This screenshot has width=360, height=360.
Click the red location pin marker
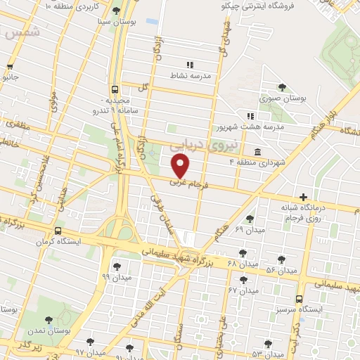pos(181,166)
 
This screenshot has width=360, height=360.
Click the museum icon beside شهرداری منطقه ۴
pos(257,152)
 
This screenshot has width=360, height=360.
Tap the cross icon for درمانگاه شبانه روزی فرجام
pos(303,197)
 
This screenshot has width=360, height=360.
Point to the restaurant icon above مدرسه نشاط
pos(189,65)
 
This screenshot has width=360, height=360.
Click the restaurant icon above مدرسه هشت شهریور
pos(250,116)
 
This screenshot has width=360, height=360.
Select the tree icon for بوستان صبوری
pos(282,87)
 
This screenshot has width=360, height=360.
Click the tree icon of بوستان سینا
pos(115,11)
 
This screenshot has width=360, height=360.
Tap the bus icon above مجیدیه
pos(114,89)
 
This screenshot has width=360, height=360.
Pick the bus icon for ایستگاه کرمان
pos(58,230)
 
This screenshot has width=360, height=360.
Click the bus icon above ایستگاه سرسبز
pos(300,298)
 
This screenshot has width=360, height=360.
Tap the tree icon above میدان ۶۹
pos(251,219)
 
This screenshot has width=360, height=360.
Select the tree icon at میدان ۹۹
pos(116,266)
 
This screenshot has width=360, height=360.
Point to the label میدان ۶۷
pos(243,289)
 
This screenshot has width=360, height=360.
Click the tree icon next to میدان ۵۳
pos(288,344)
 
